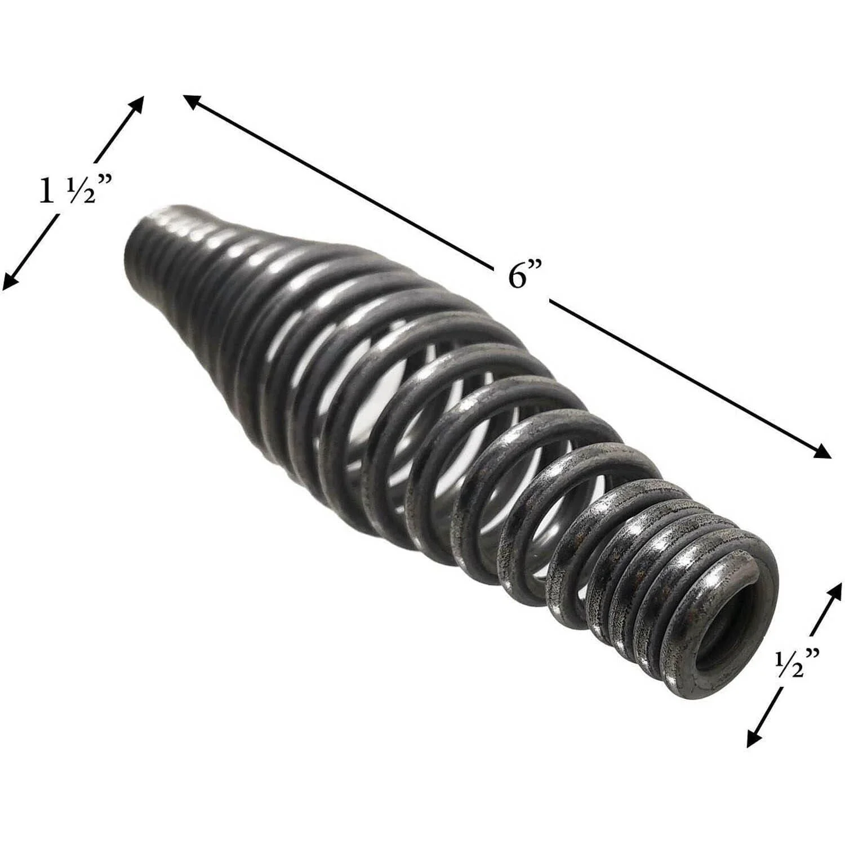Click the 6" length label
[525, 276]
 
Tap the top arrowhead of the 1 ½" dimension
[137, 104]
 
